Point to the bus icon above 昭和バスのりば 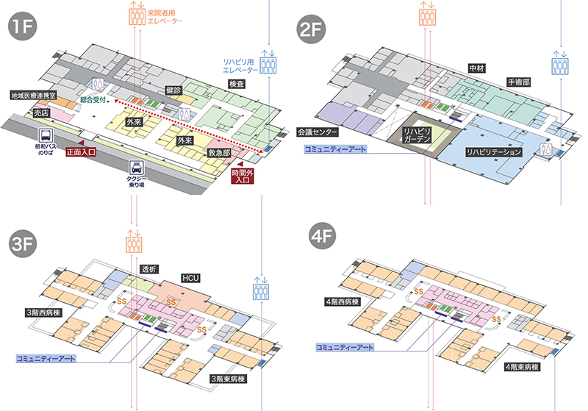click(46, 136)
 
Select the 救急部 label click(220, 153)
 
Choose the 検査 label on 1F click(237, 84)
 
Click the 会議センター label click(318, 132)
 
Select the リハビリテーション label click(493, 152)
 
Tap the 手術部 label click(518, 82)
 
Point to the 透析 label click(149, 269)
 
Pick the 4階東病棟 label click(523, 365)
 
